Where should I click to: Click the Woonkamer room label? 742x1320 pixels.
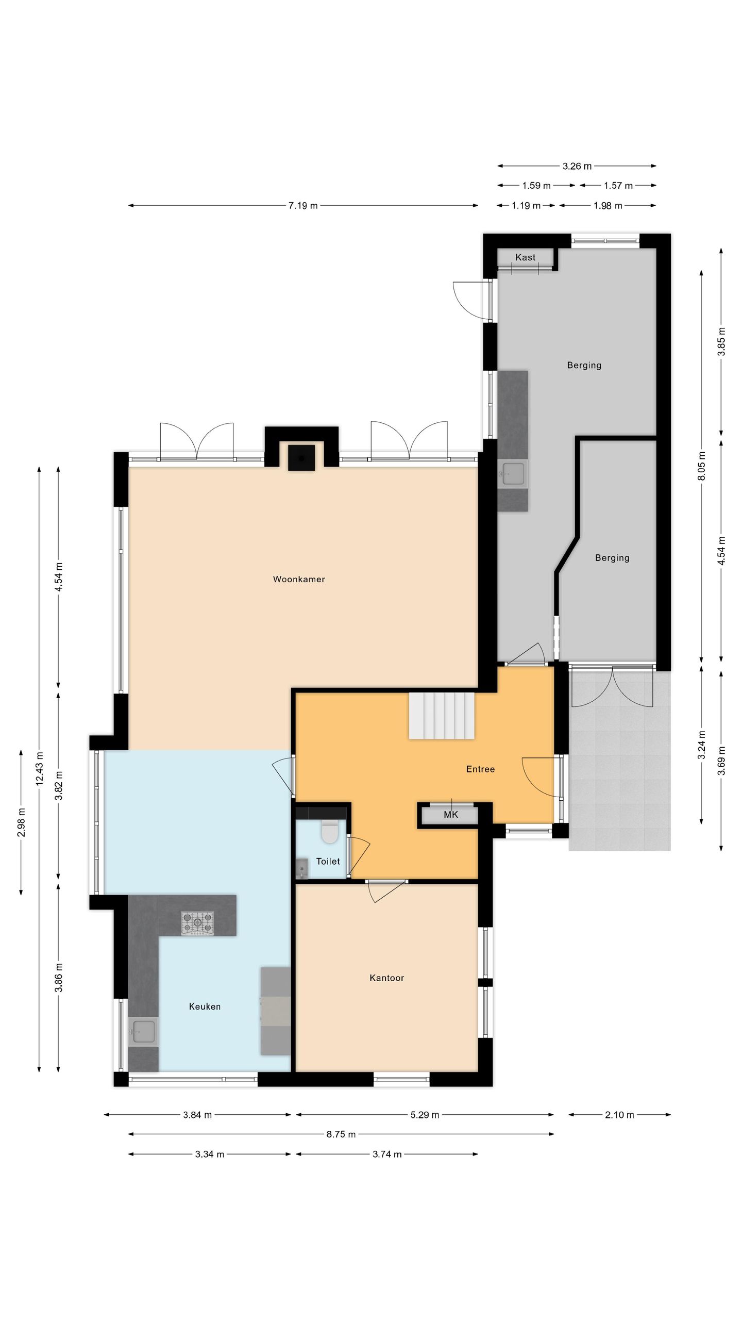click(299, 579)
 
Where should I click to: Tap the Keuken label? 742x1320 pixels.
click(205, 1006)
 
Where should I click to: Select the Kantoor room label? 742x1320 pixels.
click(386, 978)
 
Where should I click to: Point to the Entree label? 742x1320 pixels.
click(480, 769)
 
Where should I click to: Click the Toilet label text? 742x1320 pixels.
click(328, 861)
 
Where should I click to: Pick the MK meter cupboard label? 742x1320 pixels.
click(451, 815)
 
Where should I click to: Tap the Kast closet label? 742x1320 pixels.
click(525, 257)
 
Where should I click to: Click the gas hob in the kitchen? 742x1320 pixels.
click(197, 923)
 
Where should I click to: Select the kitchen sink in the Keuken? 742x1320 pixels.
click(143, 1031)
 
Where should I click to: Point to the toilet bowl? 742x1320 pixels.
click(329, 831)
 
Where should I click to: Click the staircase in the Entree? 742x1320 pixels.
click(442, 716)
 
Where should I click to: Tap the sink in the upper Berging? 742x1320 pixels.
click(513, 473)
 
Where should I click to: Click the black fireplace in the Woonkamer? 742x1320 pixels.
click(301, 457)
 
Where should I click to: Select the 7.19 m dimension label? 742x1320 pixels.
click(303, 206)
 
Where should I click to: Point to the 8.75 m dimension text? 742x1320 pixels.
click(341, 1134)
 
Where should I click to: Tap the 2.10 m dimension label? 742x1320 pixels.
click(619, 1115)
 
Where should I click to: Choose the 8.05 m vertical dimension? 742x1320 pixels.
click(701, 466)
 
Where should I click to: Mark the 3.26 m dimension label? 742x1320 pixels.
click(577, 166)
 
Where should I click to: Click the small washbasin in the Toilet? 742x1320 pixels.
click(302, 868)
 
